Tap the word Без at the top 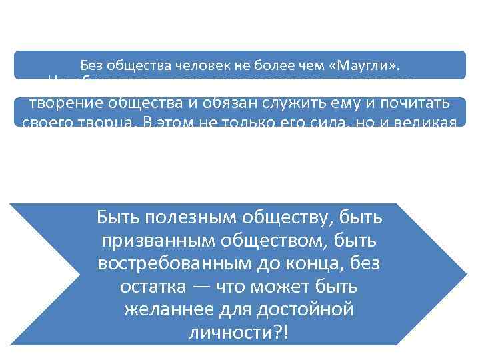(x=92, y=65)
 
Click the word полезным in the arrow (x=172, y=217)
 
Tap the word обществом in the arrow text (x=284, y=240)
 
